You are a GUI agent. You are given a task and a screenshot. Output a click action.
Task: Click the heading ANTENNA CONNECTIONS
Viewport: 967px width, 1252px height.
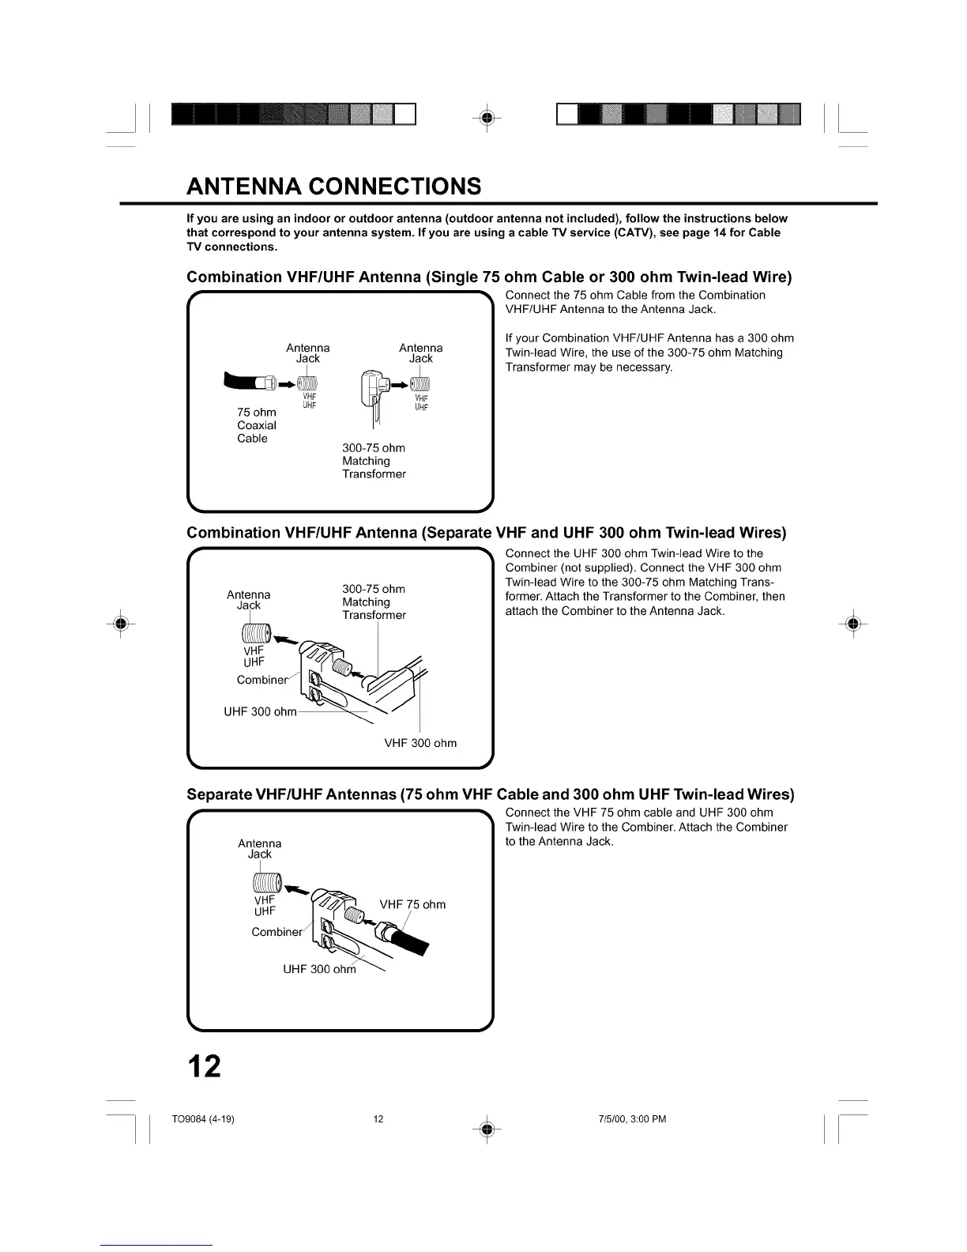[333, 186]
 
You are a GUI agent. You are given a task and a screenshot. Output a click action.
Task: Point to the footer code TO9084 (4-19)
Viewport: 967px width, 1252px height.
[203, 1118]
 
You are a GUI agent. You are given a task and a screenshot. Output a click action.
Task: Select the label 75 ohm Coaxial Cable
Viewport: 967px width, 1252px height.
[257, 425]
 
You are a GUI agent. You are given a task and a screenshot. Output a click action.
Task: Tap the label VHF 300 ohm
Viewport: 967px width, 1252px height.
[420, 743]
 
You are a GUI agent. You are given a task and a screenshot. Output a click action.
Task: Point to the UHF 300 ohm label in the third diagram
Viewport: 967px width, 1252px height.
[320, 969]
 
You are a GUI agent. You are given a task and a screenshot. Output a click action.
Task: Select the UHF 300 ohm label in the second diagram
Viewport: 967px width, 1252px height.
[261, 711]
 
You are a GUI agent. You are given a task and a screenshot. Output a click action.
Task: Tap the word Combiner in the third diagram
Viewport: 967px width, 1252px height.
[277, 932]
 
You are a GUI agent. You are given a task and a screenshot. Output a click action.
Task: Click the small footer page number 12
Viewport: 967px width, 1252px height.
[378, 1118]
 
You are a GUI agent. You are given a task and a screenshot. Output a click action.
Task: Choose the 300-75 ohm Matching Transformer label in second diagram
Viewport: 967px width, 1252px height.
[374, 602]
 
